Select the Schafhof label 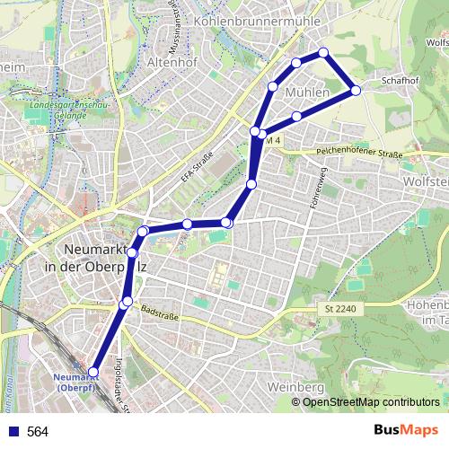point(400,80)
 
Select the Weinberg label point(295,387)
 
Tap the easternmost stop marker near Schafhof point(356,90)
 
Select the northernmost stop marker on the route point(324,52)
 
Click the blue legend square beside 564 point(12,432)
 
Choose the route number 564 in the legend point(38,432)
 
